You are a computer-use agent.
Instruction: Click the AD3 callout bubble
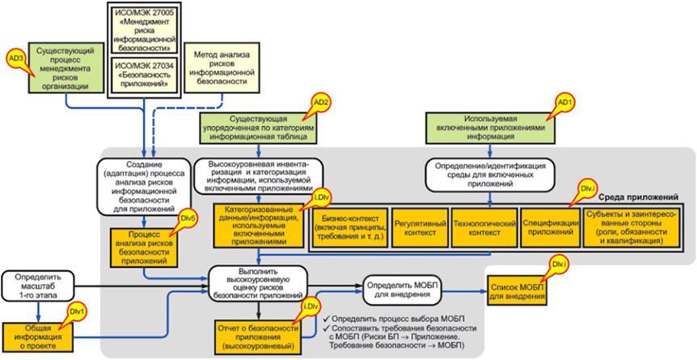(x=15, y=59)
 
